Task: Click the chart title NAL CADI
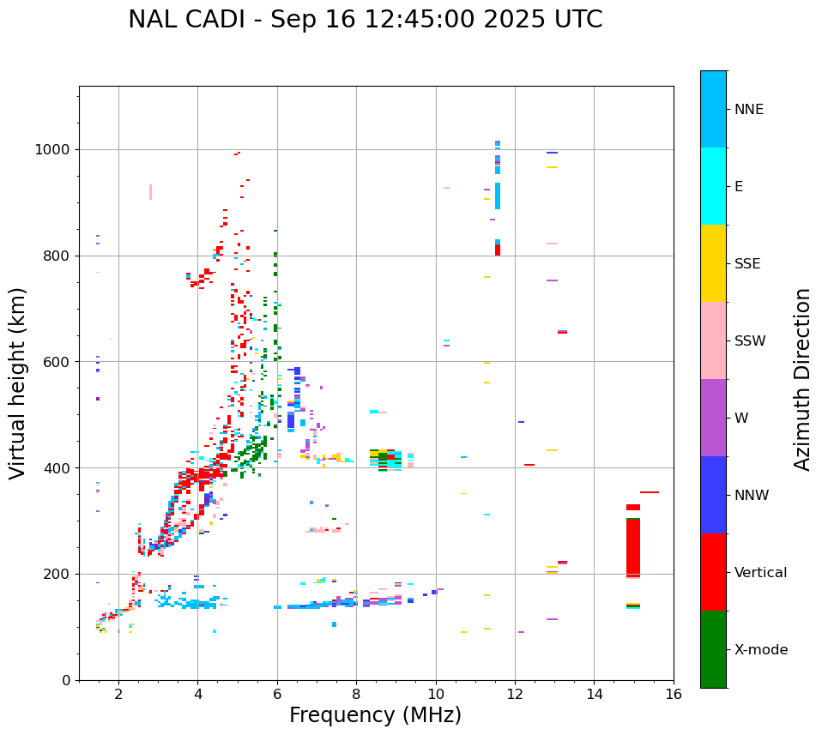(365, 20)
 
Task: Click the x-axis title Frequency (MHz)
(375, 715)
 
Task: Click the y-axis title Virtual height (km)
(18, 383)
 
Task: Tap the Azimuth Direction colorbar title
(802, 379)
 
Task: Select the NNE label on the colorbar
(748, 110)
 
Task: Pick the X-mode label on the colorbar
(760, 650)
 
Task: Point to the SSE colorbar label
(747, 264)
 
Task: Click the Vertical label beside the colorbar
(760, 573)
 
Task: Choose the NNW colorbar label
(752, 496)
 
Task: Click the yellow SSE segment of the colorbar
(713, 263)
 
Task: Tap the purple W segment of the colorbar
(713, 418)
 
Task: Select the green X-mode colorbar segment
(713, 649)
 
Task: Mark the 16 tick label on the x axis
(673, 694)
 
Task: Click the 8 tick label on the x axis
(356, 694)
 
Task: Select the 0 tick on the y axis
(65, 680)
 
